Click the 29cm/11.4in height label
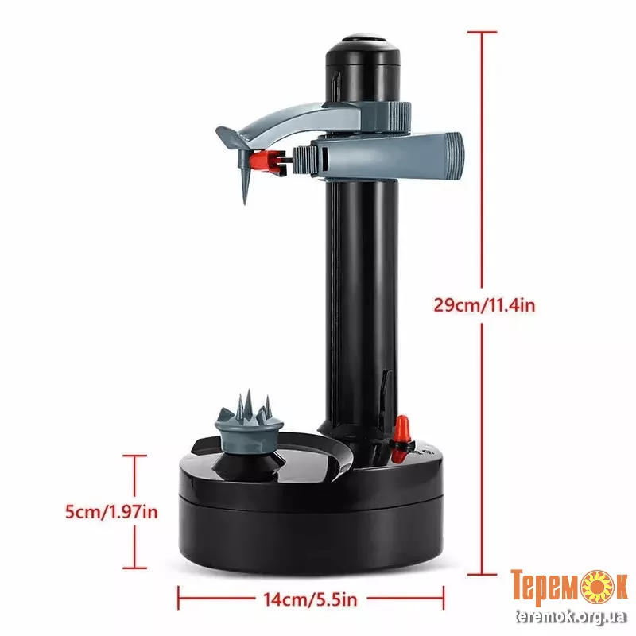[484, 305]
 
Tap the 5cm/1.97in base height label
[111, 512]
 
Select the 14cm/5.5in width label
[310, 599]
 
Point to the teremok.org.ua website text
[571, 617]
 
